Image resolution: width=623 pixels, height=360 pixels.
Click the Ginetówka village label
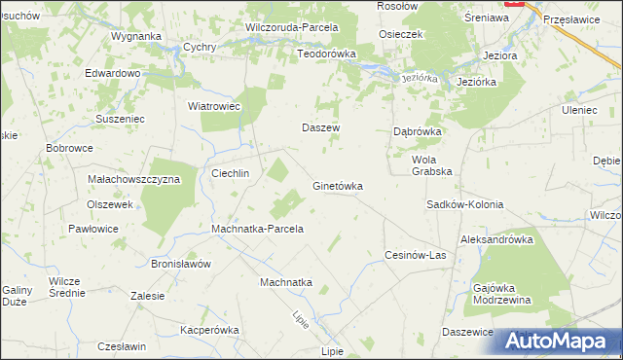[337, 185]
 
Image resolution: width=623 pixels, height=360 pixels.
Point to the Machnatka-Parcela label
[258, 230]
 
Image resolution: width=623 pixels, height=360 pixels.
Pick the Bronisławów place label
[181, 264]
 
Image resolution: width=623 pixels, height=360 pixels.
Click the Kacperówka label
[209, 330]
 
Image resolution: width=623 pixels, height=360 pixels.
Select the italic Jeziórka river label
[415, 78]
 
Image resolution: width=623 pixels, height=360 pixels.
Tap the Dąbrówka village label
[418, 130]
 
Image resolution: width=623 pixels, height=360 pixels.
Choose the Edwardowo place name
[113, 73]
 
